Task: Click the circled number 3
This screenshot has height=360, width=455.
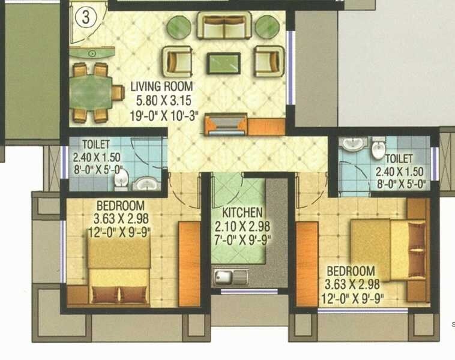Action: point(85,17)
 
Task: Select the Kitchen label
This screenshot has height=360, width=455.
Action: point(242,212)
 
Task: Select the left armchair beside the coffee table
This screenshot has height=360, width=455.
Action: point(177,61)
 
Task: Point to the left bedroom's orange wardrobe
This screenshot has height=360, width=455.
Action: point(189,264)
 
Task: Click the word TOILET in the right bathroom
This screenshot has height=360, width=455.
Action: point(399,158)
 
